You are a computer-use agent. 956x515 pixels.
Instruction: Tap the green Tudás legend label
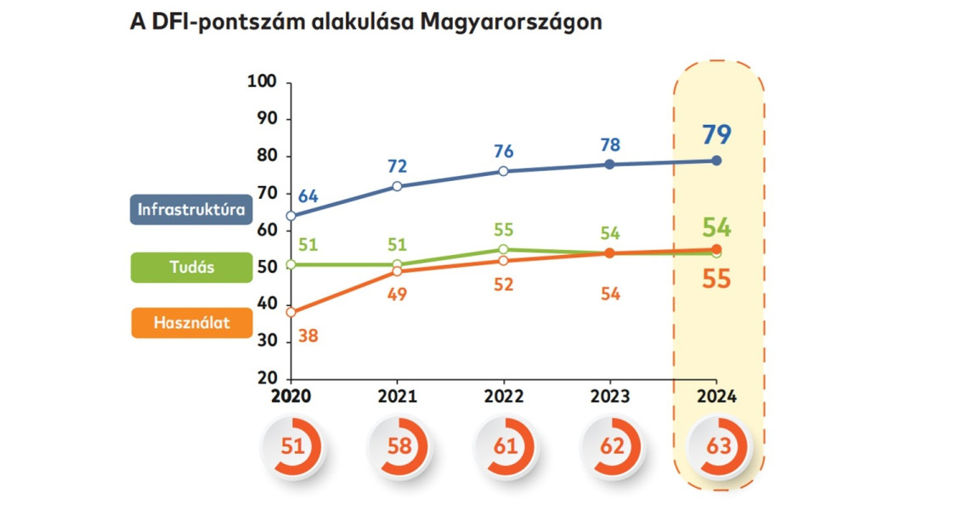[x=191, y=267]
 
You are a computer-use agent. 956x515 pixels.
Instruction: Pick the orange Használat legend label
[x=191, y=323]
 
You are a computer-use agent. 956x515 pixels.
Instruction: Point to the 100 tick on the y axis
[x=263, y=82]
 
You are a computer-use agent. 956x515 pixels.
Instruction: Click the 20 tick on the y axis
[x=268, y=378]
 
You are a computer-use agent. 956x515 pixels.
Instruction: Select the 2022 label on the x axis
[x=503, y=397]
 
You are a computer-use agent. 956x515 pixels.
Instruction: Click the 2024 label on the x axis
[x=716, y=397]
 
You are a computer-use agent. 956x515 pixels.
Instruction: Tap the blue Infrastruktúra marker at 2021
[x=397, y=186]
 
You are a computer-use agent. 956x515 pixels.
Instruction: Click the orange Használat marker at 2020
[x=291, y=312]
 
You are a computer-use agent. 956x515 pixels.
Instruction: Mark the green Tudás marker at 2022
[x=503, y=250]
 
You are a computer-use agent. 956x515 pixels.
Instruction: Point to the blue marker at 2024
[x=716, y=161]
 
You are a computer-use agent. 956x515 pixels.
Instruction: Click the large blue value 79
[x=716, y=134]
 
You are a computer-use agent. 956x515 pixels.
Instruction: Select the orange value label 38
[x=308, y=337]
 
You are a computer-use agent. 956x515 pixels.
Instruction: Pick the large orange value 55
[x=716, y=279]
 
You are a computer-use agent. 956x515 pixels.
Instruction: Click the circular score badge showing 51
[x=291, y=445]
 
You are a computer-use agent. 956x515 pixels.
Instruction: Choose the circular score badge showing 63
[x=716, y=445]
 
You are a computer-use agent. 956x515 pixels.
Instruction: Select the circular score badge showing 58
[x=398, y=445]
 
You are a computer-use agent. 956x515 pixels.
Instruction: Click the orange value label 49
[x=397, y=294]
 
